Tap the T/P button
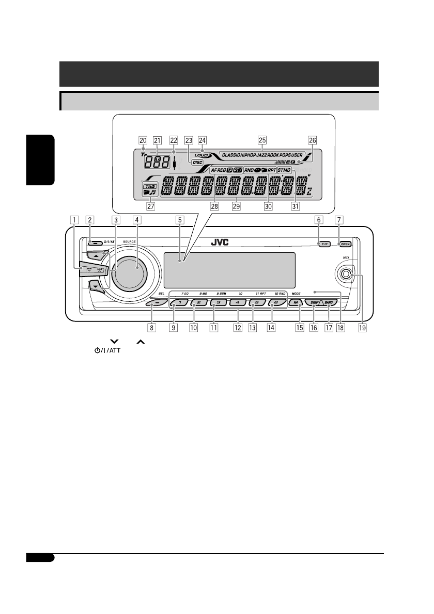pos(324,243)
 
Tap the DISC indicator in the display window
pos(197,162)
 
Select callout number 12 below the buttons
pos(238,327)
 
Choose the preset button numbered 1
pos(177,303)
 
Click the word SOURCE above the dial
pos(130,241)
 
